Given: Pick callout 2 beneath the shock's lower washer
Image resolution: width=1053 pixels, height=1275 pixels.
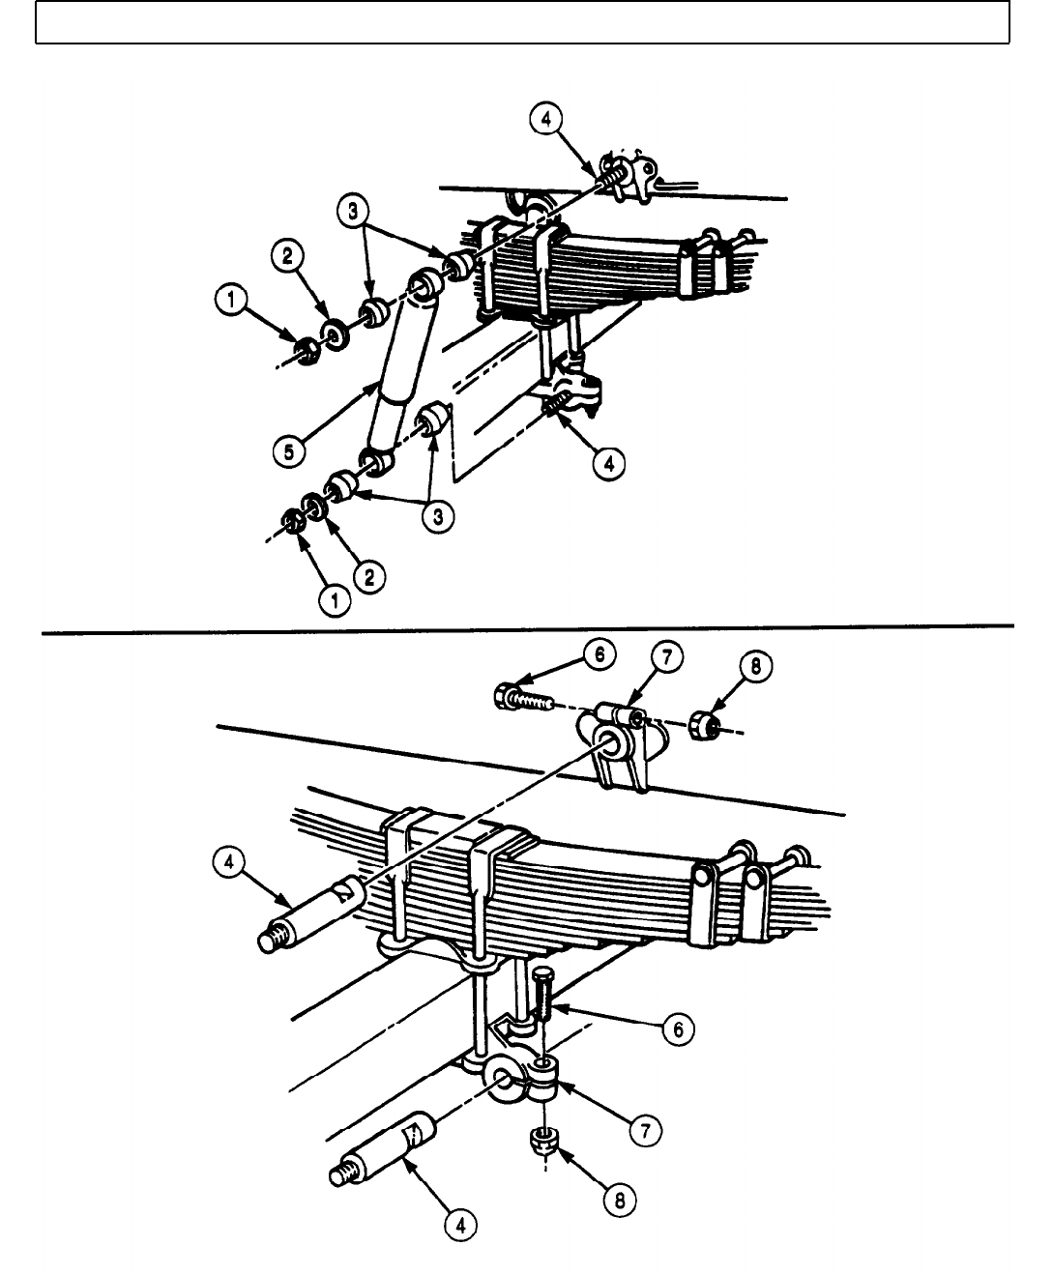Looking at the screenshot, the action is tap(368, 577).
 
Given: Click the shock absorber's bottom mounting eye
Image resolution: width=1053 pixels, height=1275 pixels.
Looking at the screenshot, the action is tap(376, 461).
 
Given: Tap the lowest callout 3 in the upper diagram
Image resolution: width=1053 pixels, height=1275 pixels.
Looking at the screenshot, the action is tap(438, 516).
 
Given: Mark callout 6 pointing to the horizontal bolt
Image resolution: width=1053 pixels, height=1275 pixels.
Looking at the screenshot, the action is tap(599, 655).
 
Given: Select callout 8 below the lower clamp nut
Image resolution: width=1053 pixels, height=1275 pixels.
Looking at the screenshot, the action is tap(620, 1200).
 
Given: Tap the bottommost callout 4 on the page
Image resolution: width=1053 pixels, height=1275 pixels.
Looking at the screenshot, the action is tap(460, 1225).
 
